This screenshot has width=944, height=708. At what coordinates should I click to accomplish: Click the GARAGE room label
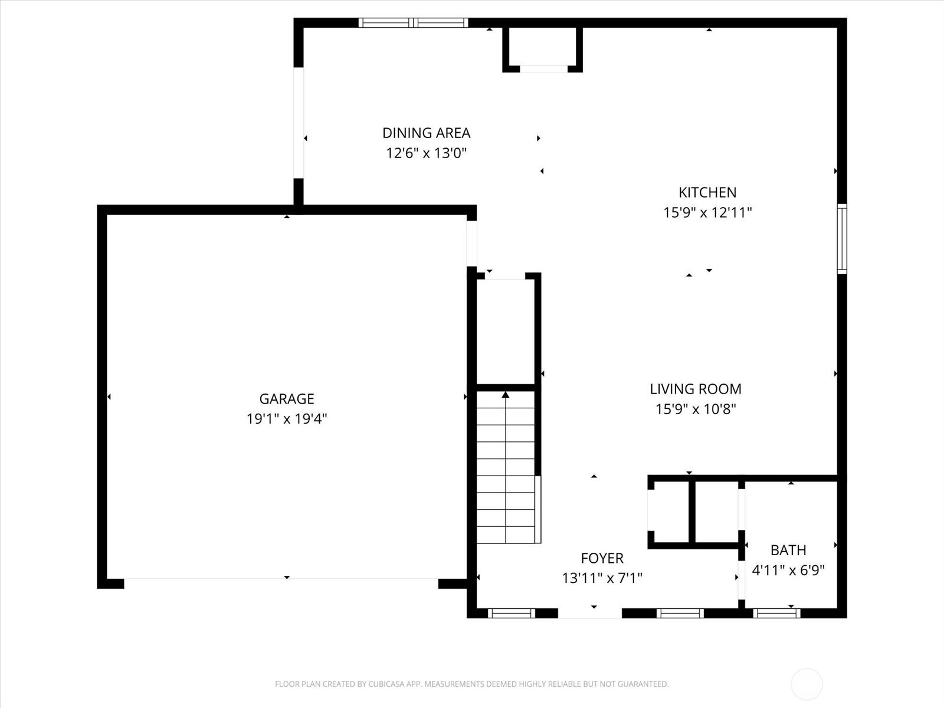[x=287, y=399]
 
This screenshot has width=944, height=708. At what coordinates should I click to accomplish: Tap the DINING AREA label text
[x=426, y=133]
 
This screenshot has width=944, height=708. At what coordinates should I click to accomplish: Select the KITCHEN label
[x=707, y=192]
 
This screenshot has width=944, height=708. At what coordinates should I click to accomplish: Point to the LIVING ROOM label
[x=696, y=389]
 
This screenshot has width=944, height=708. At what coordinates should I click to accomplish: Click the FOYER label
[x=602, y=558]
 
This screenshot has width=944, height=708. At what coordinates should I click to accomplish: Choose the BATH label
[x=788, y=550]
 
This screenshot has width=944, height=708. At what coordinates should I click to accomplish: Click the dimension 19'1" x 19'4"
[x=287, y=419]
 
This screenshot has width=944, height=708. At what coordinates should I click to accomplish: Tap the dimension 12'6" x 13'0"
[x=426, y=153]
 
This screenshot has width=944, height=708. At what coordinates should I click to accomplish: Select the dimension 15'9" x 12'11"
[x=707, y=212]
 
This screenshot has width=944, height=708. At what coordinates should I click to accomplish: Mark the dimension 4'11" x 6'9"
[x=788, y=571]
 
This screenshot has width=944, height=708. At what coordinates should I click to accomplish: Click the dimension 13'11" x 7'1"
[x=602, y=578]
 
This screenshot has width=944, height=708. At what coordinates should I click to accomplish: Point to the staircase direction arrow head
[x=506, y=395]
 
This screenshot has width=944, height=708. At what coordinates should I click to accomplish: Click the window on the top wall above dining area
[x=413, y=23]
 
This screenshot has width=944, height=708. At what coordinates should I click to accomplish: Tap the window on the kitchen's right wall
[x=842, y=238]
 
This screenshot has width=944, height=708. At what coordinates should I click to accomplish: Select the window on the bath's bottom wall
[x=776, y=614]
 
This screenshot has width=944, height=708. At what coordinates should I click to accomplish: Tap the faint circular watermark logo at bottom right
[x=807, y=684]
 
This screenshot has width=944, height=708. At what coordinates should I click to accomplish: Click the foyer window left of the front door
[x=512, y=614]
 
